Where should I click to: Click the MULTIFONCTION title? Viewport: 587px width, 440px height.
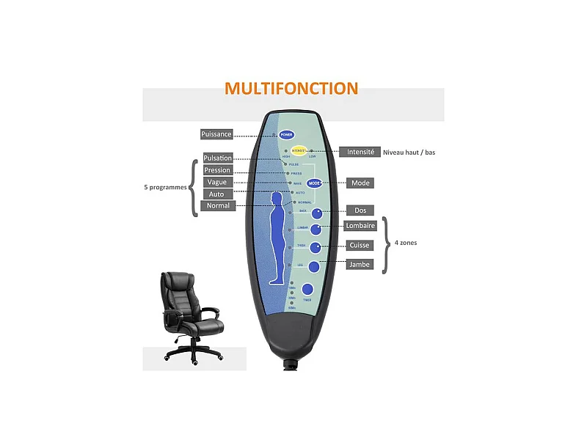tap(291, 89)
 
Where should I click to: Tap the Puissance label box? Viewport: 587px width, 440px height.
tap(216, 134)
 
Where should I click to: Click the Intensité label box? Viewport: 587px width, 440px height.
tap(360, 152)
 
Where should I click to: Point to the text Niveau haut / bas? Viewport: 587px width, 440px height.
tap(409, 153)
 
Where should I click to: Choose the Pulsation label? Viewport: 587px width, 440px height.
tap(218, 158)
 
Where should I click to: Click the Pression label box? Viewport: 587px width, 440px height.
tap(217, 170)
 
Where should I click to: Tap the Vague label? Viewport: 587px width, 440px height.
tap(217, 182)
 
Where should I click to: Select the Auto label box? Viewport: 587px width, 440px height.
tap(217, 194)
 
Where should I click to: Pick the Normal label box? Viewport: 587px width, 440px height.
tap(218, 205)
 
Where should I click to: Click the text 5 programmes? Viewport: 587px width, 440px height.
tap(165, 187)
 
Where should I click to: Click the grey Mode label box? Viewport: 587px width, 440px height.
tap(360, 183)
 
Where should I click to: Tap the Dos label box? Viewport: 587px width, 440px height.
tap(360, 210)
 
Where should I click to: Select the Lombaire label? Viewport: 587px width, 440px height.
tap(360, 227)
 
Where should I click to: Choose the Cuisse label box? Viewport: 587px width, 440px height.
tap(360, 245)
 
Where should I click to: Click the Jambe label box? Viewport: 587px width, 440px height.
tap(360, 264)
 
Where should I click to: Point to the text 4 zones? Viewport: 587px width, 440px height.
tap(405, 242)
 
